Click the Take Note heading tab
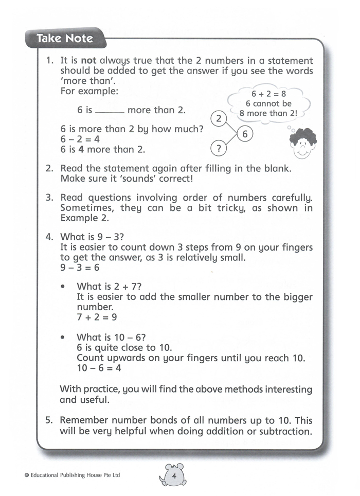65,38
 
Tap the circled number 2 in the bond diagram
219,119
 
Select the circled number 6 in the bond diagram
245,134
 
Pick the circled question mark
219,149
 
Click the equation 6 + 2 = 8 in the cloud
268,94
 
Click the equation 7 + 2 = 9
97,317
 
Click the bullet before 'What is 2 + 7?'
63,286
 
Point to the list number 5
49,420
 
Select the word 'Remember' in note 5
83,420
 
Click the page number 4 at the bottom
174,475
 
